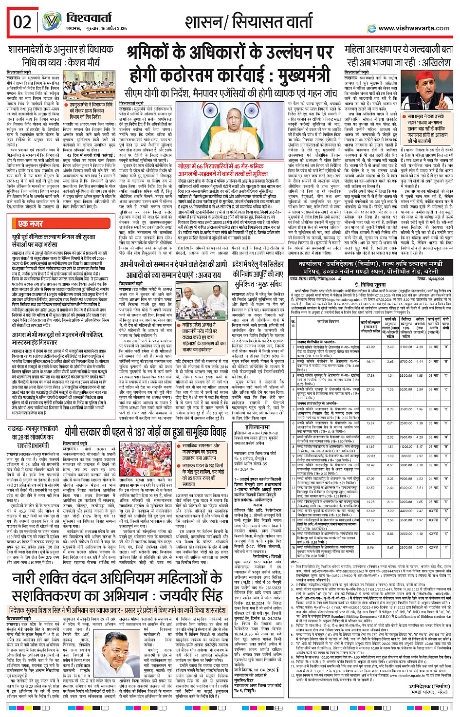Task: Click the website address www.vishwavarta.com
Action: pyautogui.click(x=414, y=28)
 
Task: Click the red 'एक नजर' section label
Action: pyautogui.click(x=31, y=223)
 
